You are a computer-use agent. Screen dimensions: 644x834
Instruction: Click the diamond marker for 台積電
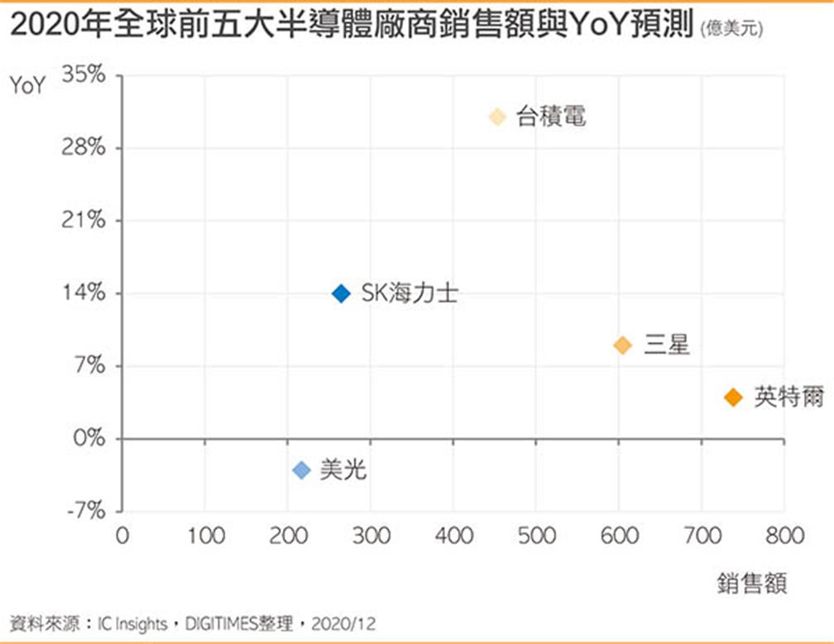497,117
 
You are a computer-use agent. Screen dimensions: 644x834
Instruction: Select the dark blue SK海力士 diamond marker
342,293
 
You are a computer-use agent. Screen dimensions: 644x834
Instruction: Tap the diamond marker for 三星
623,346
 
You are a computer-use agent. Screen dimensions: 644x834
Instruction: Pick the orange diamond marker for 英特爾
733,398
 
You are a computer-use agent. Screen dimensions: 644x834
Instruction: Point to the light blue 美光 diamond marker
302,470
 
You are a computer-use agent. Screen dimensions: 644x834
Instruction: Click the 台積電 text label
551,117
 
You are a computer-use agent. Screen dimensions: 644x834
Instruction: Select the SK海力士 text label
410,293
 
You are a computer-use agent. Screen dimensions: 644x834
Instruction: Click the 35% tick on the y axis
85,76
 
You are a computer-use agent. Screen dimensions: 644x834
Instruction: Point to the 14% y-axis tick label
85,293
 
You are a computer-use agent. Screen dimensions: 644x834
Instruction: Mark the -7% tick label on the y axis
85,510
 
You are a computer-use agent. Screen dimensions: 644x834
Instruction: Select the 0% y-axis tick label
89,438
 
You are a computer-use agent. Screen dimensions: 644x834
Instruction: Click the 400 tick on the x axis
454,536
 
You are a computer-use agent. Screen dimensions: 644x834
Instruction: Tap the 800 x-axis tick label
784,536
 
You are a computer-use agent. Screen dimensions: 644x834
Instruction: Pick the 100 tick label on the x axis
205,536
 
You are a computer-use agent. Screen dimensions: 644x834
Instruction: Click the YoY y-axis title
27,86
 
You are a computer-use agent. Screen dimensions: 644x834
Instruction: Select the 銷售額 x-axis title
752,584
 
